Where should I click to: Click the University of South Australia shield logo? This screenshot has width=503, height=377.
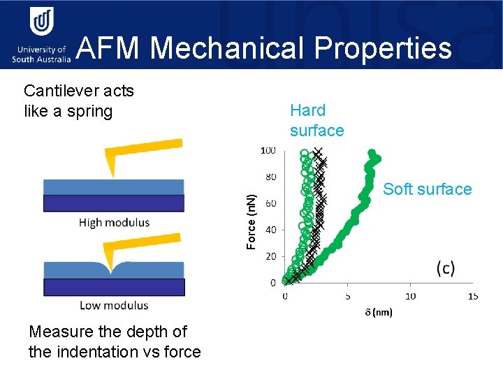[41, 24]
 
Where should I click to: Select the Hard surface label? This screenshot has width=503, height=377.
[316, 120]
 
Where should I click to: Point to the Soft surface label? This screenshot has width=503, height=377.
[427, 189]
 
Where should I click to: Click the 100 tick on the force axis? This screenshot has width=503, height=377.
[268, 151]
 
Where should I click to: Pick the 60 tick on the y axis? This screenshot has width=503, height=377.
[270, 203]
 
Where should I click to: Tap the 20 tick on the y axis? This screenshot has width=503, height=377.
[270, 256]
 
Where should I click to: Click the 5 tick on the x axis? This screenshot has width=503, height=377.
[348, 296]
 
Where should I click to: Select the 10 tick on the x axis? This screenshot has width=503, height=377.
[410, 296]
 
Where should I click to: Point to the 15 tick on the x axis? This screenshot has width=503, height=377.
[473, 296]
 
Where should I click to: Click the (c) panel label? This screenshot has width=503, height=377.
[445, 268]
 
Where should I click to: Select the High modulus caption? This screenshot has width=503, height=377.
[113, 223]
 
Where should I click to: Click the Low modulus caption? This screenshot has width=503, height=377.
[113, 305]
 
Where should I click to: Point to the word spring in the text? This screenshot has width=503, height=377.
[87, 112]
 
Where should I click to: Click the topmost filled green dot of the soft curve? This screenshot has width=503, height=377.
[372, 153]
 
